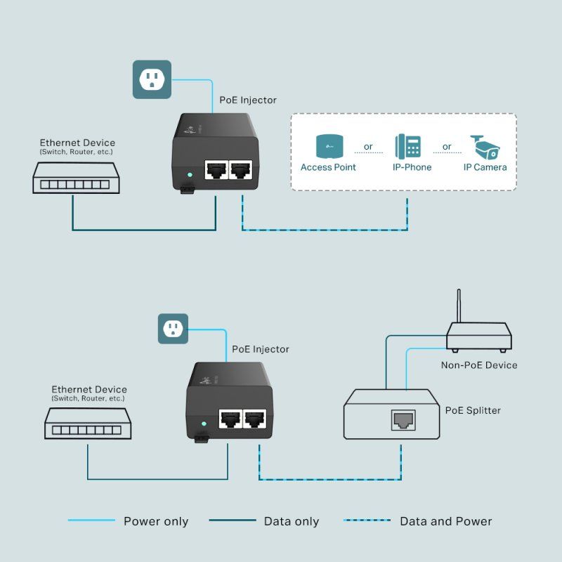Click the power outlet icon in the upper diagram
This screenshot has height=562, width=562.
(x=152, y=79)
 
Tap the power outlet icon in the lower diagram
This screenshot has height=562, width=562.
(x=173, y=328)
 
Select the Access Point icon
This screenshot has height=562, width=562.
(x=328, y=145)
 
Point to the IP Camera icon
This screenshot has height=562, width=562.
(x=485, y=146)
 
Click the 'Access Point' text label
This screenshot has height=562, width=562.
(x=328, y=167)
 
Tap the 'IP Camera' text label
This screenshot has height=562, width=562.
(x=485, y=167)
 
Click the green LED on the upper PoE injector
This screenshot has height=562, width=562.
(x=188, y=174)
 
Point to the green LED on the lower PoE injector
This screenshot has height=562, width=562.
(x=203, y=424)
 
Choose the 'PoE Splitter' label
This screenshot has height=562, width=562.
(x=473, y=410)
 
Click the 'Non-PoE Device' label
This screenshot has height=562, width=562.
(x=478, y=365)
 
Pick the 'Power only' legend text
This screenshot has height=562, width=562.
(x=156, y=521)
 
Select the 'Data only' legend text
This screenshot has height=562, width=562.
(x=291, y=521)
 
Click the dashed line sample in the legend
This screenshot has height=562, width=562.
(x=367, y=521)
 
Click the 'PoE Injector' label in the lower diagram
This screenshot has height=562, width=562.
(x=260, y=349)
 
